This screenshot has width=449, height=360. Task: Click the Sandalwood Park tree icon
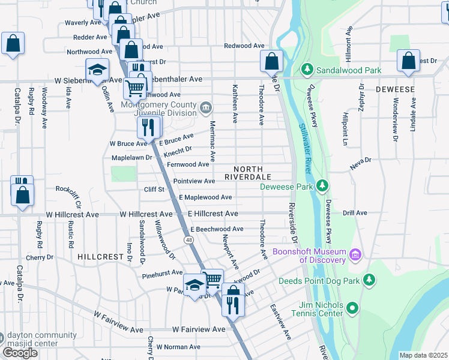307,70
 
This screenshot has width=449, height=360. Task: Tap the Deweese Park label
287,186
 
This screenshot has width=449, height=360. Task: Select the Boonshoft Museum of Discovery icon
355,256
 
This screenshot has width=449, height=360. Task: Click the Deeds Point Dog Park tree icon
369,280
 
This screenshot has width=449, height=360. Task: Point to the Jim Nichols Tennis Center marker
352,309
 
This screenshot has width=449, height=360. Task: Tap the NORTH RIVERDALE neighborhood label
249,173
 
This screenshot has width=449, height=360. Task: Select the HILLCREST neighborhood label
100,256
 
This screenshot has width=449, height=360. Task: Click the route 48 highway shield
189,240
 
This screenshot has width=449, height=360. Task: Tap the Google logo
20,353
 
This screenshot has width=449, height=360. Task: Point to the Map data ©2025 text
423,355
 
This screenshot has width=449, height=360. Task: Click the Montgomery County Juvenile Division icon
206,109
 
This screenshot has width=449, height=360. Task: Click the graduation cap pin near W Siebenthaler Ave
97,70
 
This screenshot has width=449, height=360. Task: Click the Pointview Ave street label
194,181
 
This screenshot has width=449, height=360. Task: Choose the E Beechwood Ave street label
217,229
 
